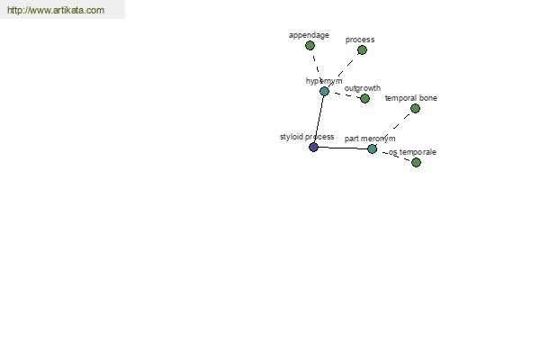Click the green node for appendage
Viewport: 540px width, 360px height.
pyautogui.click(x=310, y=46)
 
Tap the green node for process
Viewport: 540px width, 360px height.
pyautogui.click(x=362, y=50)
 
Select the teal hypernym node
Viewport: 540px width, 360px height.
pyautogui.click(x=324, y=91)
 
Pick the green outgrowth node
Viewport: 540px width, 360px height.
pyautogui.click(x=365, y=98)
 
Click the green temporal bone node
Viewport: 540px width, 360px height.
pyautogui.click(x=415, y=109)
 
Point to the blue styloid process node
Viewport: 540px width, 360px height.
pyautogui.click(x=313, y=148)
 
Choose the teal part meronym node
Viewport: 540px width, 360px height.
pyautogui.click(x=372, y=148)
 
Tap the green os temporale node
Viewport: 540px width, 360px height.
pyautogui.click(x=416, y=162)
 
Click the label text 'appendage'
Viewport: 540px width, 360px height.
pyautogui.click(x=309, y=35)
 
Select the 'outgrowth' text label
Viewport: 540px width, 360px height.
pyautogui.click(x=363, y=88)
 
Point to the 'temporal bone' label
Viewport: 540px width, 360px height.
pyautogui.click(x=411, y=98)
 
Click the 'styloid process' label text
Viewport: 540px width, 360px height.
pyautogui.click(x=307, y=137)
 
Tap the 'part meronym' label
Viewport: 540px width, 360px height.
pyautogui.click(x=370, y=139)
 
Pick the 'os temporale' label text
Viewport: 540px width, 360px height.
pyautogui.click(x=412, y=152)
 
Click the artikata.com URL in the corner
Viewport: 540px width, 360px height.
pyautogui.click(x=56, y=10)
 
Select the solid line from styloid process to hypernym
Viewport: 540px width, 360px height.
pyautogui.click(x=319, y=119)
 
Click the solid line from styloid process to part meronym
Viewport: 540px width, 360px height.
pyautogui.click(x=343, y=148)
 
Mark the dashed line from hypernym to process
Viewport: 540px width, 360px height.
pyautogui.click(x=343, y=70)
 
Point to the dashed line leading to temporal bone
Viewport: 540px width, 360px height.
pyautogui.click(x=393, y=129)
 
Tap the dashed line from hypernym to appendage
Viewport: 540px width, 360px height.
pyautogui.click(x=317, y=68)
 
